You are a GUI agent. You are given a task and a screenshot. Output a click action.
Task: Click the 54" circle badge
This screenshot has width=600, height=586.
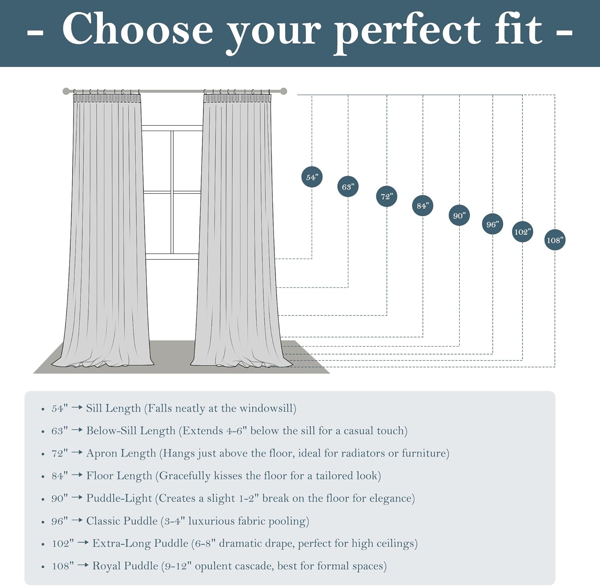point(312,177)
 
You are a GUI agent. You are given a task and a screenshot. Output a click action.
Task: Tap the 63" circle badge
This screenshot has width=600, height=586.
point(348,187)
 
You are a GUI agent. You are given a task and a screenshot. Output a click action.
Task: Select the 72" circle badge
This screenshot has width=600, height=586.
point(386,196)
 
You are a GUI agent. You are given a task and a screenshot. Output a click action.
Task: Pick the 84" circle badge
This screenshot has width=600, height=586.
point(422,205)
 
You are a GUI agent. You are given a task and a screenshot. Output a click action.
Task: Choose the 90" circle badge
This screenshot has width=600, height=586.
point(459,215)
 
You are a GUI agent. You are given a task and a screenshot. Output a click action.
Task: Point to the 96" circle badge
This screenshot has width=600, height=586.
point(492,224)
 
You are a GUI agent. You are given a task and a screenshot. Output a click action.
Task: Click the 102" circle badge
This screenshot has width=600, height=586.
point(522,232)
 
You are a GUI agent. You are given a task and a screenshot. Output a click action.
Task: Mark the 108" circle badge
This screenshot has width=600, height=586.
point(555,240)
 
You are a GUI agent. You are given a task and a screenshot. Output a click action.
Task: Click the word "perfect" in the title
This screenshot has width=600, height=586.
point(407,32)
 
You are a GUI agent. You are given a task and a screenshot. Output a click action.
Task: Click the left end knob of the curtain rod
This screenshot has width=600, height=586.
point(66,91)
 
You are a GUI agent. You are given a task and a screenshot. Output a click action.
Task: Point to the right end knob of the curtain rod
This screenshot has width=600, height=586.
point(284,91)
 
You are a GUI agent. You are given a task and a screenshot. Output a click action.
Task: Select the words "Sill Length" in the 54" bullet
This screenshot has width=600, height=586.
point(114,409)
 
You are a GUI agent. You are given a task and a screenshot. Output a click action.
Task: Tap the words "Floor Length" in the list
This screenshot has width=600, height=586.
point(119,476)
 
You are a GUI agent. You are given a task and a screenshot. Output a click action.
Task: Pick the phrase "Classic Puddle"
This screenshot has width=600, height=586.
point(122,521)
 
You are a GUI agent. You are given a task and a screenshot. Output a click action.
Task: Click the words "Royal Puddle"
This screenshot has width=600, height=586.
point(125,566)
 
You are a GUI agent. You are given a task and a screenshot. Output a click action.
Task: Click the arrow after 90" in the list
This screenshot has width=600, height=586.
point(77,498)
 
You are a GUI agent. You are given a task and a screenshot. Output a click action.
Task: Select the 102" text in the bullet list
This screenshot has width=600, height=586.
point(63,544)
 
